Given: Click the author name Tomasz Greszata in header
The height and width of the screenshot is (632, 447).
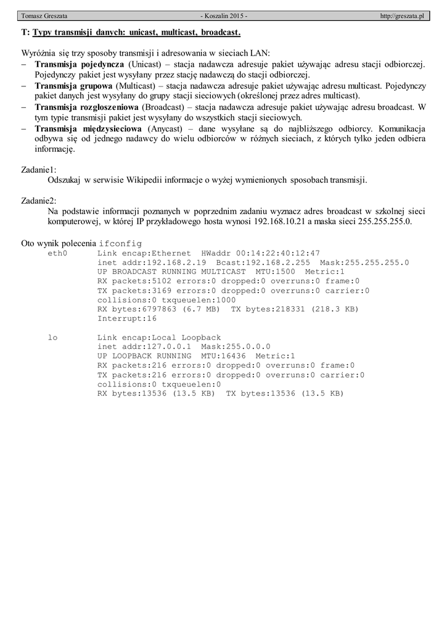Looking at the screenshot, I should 44,15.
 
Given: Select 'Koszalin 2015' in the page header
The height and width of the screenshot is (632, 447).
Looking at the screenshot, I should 224,15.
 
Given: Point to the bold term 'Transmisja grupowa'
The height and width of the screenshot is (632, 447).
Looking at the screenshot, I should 73,85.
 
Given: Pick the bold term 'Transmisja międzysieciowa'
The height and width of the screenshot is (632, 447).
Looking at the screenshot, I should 89,128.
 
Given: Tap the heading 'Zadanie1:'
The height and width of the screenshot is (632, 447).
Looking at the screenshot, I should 39,169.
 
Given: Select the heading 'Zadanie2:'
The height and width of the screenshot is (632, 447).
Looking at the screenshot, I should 39,201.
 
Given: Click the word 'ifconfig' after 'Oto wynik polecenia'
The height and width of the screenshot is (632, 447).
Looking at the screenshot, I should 120,243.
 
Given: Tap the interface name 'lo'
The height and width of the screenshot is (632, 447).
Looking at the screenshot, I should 52,338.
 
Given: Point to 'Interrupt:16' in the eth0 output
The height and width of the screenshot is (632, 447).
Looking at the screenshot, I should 127,318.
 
